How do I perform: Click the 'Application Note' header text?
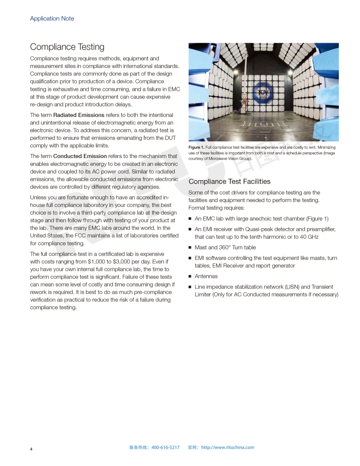point(52,19)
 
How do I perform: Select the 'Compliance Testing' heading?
point(67,47)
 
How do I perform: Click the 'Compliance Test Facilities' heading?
point(229,181)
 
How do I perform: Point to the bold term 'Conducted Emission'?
point(80,156)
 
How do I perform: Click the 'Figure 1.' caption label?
point(196,147)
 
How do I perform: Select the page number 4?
point(31,449)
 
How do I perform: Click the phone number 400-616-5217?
point(165,447)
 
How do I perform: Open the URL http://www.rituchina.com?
point(228,447)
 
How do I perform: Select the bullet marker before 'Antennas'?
point(190,277)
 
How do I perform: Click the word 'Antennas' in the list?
point(206,276)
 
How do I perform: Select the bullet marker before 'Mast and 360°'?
point(190,248)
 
